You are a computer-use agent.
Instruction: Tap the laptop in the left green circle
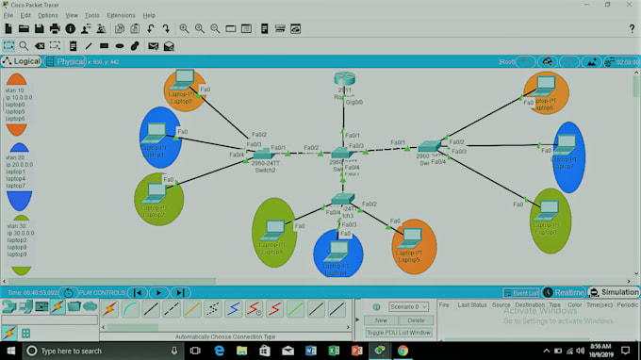pyautogui.click(x=156, y=191)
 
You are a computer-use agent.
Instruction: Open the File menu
pyautogui.click(x=8, y=16)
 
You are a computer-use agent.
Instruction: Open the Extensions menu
pyautogui.click(x=121, y=16)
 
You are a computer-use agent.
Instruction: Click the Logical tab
pyautogui.click(x=22, y=61)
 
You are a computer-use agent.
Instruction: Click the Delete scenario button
pyautogui.click(x=416, y=320)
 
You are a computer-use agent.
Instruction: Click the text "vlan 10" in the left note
pyautogui.click(x=15, y=90)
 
